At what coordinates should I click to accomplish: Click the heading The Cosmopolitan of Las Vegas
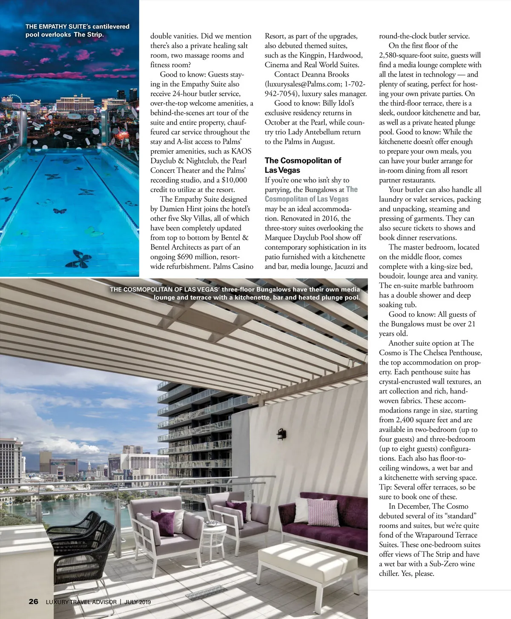point(303,165)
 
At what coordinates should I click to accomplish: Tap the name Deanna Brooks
point(325,75)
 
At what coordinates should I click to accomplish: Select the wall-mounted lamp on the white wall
point(281,435)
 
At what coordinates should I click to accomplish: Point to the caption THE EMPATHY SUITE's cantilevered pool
point(77,30)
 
